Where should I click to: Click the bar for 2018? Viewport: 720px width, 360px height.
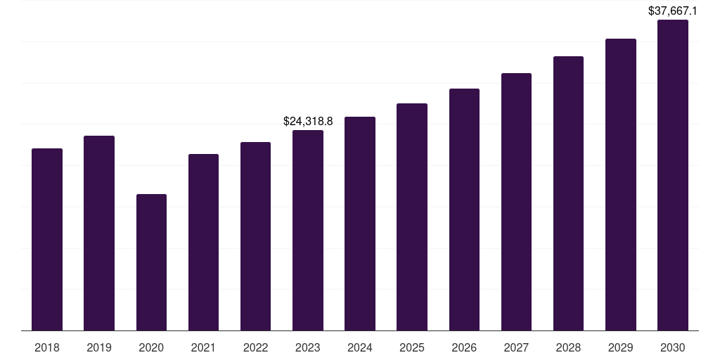(47, 239)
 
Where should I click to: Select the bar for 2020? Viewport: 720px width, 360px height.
(151, 262)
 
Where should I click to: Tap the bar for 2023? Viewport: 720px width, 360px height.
(308, 230)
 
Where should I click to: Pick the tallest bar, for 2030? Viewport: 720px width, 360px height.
(673, 175)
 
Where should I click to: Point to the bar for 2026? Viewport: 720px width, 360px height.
(464, 210)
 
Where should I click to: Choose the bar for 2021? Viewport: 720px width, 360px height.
(203, 242)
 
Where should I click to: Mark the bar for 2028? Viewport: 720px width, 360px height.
(568, 193)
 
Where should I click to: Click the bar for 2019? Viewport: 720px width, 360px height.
(99, 233)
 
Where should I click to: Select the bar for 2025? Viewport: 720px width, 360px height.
(412, 217)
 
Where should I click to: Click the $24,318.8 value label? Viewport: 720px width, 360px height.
(308, 122)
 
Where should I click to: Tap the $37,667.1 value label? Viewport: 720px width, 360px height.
(673, 11)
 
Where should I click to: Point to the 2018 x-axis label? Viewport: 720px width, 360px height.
(47, 347)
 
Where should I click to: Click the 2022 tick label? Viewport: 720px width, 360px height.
(256, 347)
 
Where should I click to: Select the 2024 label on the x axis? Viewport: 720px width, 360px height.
(360, 347)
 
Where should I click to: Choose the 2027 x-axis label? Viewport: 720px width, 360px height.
(516, 347)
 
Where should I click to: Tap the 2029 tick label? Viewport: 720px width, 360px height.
(621, 347)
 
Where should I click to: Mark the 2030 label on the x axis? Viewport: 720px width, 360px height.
(673, 347)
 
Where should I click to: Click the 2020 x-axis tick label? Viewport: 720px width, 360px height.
(151, 347)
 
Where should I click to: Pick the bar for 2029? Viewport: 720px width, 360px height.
(621, 184)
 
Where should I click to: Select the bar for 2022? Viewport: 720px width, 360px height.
(256, 236)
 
